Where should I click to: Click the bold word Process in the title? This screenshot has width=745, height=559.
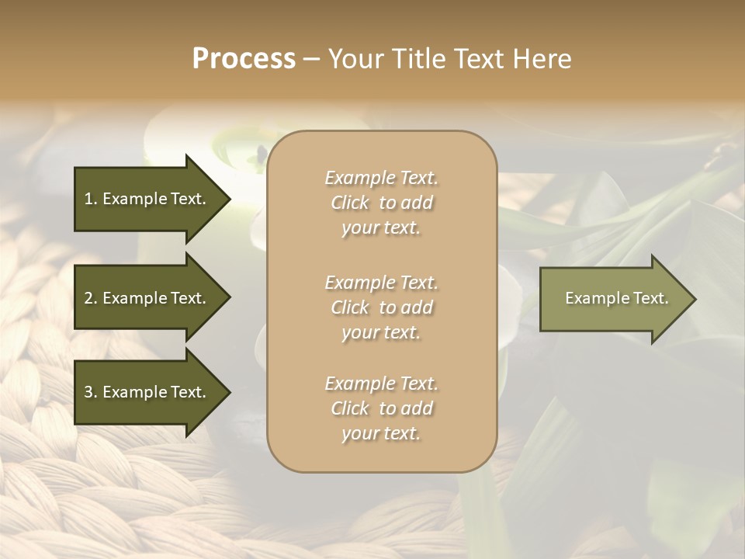click(x=244, y=60)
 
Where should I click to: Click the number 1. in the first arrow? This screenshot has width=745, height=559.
click(x=91, y=199)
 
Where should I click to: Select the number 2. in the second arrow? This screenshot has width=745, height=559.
click(x=91, y=298)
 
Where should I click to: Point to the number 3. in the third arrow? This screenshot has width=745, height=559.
click(x=91, y=392)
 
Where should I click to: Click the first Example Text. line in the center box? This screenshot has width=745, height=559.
click(x=381, y=178)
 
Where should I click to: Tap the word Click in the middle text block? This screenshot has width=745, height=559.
click(x=350, y=307)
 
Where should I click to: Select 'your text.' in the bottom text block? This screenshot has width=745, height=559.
click(x=381, y=433)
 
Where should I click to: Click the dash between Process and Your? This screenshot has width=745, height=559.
click(x=312, y=60)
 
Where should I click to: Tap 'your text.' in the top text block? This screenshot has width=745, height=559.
click(x=381, y=227)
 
